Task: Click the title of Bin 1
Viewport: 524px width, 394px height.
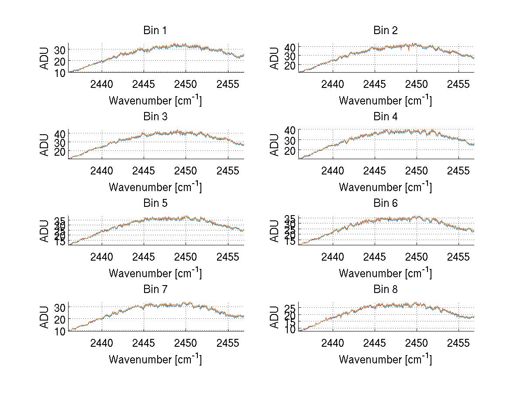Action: click(x=155, y=31)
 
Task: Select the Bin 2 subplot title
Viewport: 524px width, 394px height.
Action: click(x=385, y=31)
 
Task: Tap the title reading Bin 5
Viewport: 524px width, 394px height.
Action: click(x=155, y=203)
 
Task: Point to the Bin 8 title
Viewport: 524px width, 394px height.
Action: click(x=385, y=289)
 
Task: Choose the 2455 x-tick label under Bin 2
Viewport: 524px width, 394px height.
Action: click(x=458, y=84)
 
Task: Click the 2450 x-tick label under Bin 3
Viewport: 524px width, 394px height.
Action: click(x=186, y=171)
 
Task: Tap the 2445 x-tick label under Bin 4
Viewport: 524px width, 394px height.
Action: click(x=374, y=171)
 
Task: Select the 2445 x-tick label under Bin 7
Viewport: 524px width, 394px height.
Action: click(x=144, y=343)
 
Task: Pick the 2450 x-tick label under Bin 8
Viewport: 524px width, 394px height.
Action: click(x=416, y=343)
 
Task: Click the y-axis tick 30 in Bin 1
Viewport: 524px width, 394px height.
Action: click(x=60, y=50)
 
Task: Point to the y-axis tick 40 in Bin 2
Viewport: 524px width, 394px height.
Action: click(x=290, y=47)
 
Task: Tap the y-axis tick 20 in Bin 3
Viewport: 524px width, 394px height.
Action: click(x=60, y=152)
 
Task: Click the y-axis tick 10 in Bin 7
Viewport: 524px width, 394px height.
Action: click(x=60, y=331)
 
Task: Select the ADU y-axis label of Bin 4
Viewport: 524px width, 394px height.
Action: click(x=274, y=145)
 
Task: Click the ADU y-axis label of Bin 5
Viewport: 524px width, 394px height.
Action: click(x=44, y=231)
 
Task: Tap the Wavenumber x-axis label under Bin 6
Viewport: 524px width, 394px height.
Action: click(x=385, y=273)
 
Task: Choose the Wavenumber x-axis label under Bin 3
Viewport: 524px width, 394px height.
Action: click(x=155, y=187)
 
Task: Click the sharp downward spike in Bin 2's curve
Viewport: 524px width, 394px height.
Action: click(x=408, y=50)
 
